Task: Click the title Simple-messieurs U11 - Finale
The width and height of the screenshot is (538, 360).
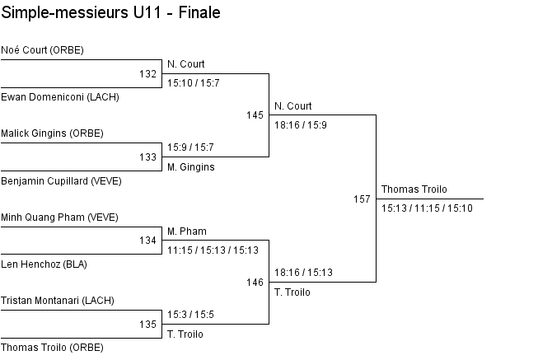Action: coord(110,14)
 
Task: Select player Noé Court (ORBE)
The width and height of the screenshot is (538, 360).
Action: coord(42,50)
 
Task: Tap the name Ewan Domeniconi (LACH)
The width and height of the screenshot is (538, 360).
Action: coord(60,96)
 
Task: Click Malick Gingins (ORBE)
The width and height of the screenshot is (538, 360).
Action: coord(52,133)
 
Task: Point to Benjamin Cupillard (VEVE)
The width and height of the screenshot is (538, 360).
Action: coord(61,180)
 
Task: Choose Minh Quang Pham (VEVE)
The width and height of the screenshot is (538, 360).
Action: coord(59,217)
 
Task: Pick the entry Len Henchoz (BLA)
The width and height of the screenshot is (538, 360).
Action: coord(44,264)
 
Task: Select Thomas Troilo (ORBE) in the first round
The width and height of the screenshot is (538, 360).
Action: coord(52,348)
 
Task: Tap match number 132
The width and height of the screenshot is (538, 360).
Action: coord(147,74)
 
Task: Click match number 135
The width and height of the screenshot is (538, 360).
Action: coord(147,325)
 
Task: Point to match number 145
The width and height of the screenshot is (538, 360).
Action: coord(255,115)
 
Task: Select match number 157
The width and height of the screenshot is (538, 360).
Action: coord(362,199)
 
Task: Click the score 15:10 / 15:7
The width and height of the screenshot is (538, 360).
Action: coord(193,83)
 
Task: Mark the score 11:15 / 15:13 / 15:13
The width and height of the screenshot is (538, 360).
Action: coord(213,250)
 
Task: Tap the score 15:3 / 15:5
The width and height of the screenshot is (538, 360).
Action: coord(190,315)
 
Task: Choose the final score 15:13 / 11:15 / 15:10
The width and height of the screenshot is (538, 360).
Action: coord(427,208)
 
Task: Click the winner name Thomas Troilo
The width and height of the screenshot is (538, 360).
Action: coord(414,190)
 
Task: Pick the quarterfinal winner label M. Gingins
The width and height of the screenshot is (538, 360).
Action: coord(190,167)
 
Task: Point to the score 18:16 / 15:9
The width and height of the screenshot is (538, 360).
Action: coord(300,125)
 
